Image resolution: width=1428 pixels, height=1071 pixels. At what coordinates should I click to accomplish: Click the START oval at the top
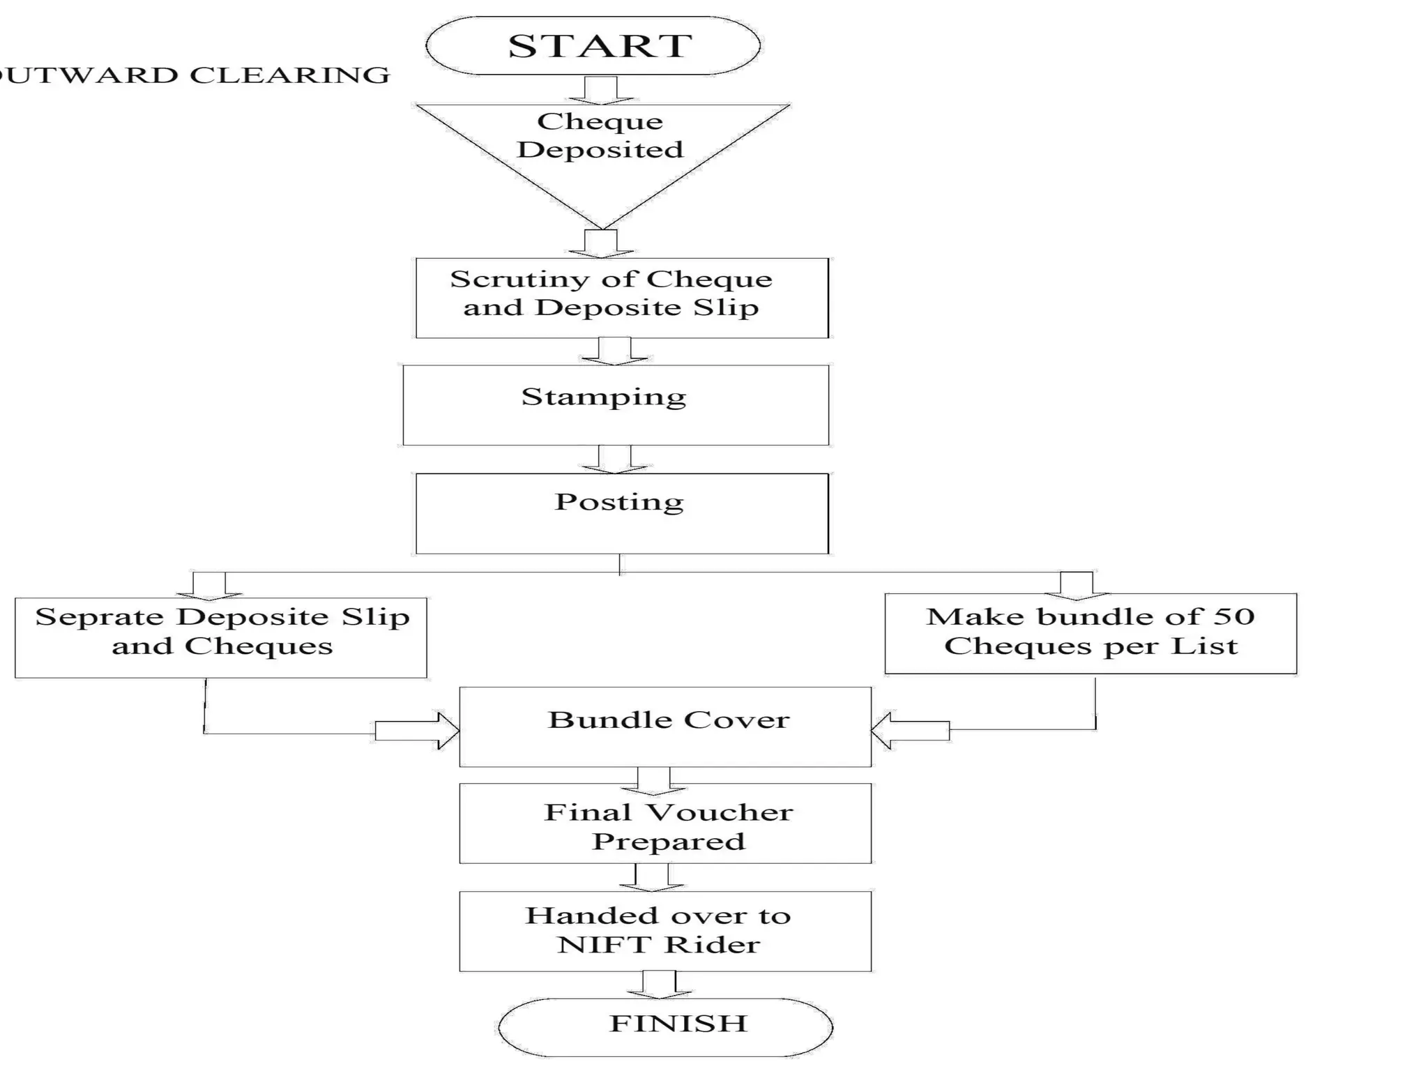(593, 46)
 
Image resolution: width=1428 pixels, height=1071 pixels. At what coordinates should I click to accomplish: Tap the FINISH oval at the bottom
(666, 1026)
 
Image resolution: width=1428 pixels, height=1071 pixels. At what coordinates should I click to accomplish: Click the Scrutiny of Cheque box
(622, 298)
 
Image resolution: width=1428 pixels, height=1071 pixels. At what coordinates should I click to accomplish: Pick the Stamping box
(616, 404)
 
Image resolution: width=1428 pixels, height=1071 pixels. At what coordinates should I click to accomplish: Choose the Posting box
(622, 513)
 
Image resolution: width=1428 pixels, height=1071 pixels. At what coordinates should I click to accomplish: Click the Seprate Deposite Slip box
(220, 637)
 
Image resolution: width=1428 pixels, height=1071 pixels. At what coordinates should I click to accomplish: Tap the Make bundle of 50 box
(1091, 633)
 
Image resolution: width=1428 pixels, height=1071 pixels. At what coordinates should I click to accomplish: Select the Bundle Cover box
(665, 727)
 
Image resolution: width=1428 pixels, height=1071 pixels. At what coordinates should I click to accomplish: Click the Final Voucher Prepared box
(665, 823)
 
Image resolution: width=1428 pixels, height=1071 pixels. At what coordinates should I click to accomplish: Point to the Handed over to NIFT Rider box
(665, 931)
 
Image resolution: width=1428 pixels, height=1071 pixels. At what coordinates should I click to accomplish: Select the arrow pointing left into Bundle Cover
(910, 730)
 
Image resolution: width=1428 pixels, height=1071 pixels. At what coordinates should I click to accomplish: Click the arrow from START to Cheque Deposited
(601, 90)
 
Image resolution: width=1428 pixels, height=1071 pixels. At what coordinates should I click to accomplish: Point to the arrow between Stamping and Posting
(615, 459)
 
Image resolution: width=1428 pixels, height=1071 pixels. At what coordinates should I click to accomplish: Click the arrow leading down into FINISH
(659, 984)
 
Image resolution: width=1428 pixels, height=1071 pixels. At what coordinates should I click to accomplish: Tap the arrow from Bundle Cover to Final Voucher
(654, 781)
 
